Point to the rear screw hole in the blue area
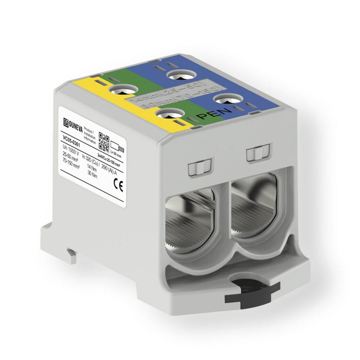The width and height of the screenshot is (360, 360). click(x=182, y=74)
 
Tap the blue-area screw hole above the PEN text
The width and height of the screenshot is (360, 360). click(x=227, y=99)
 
